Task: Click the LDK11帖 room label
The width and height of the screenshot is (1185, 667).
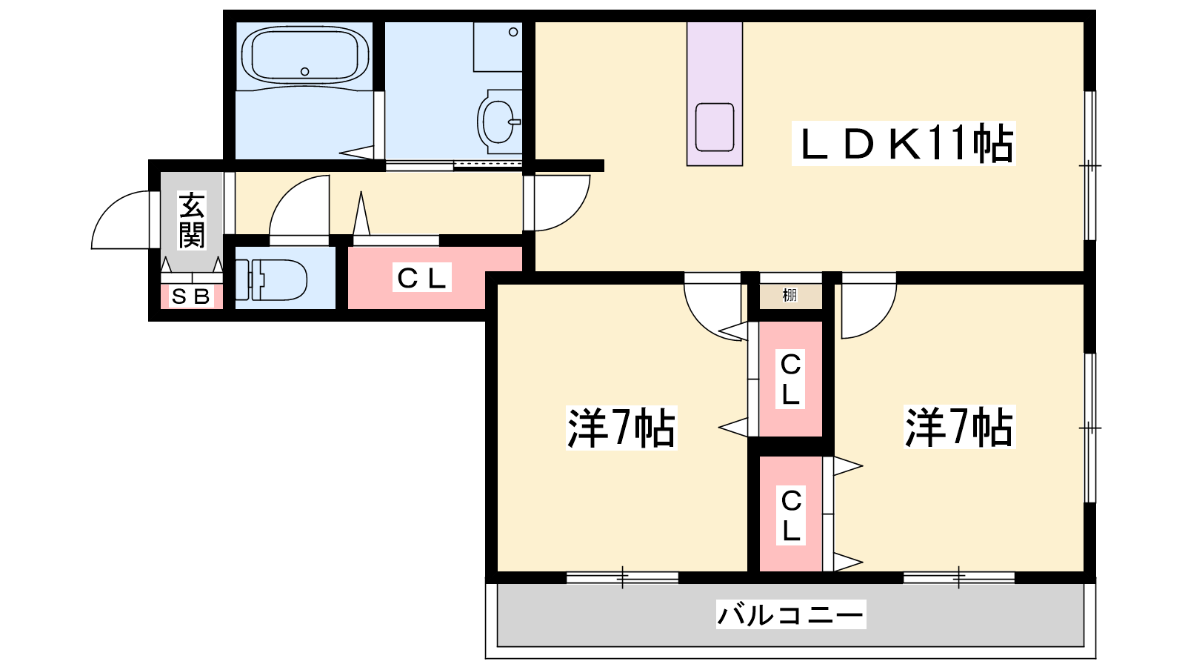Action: pos(904,143)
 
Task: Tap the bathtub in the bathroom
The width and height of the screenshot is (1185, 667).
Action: pos(305,56)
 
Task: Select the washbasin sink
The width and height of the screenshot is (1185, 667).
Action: pos(499,122)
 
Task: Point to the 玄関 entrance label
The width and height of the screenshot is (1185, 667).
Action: pos(192,219)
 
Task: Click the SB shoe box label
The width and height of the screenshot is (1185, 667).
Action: pos(192,296)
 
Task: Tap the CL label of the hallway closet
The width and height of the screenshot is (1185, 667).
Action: pos(421,277)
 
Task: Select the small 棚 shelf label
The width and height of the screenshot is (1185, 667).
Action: pos(790,295)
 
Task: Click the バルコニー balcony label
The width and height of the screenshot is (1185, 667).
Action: pos(791,614)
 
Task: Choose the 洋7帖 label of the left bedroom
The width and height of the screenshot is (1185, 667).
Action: pos(621,427)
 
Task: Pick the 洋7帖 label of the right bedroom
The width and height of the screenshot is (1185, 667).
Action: pos(959,427)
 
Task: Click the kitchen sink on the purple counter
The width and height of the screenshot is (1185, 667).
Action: pos(715,127)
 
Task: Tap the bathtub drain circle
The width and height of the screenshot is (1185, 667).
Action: pos(304,71)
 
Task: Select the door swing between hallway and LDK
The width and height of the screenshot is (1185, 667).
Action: pos(556,203)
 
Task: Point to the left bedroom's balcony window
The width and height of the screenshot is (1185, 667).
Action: pos(622,577)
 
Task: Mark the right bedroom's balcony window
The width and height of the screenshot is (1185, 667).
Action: pos(958,577)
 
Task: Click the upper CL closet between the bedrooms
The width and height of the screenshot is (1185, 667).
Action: pos(791,379)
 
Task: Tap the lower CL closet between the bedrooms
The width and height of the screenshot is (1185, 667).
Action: pos(791,514)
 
